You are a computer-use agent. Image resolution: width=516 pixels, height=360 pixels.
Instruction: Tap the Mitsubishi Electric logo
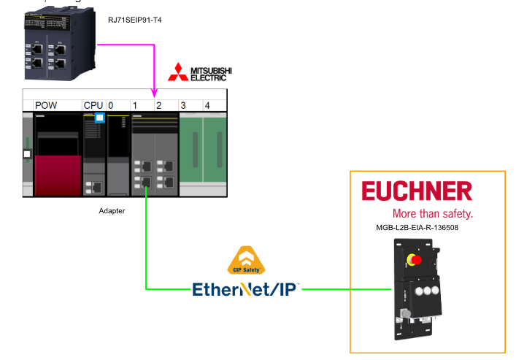[200, 72]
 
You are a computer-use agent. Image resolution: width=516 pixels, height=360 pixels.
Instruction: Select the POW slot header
[46, 106]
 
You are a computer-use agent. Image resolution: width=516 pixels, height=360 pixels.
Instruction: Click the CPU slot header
[93, 106]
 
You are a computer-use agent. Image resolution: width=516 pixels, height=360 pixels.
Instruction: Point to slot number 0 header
[111, 106]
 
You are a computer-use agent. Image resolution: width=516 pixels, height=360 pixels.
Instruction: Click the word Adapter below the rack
[112, 210]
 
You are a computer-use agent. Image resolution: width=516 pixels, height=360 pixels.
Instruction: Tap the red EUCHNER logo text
[417, 192]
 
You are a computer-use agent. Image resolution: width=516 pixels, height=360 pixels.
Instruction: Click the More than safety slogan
[432, 214]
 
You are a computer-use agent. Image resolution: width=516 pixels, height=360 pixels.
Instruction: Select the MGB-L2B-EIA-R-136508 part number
[417, 228]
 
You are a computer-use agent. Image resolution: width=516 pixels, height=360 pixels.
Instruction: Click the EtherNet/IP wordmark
[246, 288]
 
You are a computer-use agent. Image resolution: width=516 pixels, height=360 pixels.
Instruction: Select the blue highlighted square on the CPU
[100, 119]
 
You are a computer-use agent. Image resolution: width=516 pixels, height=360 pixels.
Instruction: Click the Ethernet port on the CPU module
[93, 187]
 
